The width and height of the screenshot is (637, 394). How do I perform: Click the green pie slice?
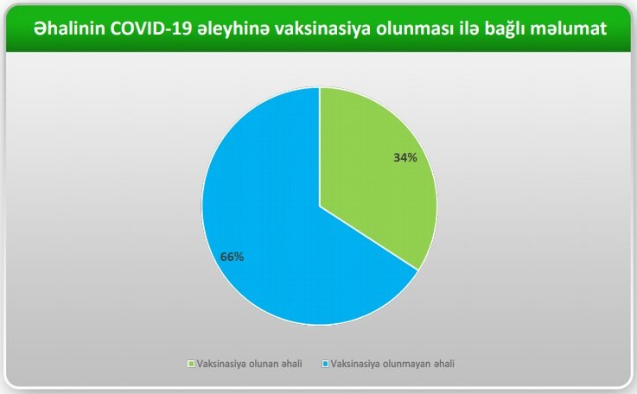point(373,175)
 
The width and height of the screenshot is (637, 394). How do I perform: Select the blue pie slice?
point(277,227)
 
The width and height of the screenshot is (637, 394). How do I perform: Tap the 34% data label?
point(405,157)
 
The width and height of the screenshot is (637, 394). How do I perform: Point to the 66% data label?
point(232,257)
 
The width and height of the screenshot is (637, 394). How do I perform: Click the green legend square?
point(191,364)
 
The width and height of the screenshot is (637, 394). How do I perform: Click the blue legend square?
point(325,364)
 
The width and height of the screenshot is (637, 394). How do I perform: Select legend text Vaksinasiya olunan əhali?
point(250,364)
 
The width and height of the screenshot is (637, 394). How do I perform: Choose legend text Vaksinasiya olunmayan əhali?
point(392,364)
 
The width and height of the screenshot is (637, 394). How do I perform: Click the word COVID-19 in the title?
point(151,29)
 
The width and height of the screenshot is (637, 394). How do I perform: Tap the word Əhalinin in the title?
point(69,29)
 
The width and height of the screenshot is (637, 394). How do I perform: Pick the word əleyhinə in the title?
point(233,29)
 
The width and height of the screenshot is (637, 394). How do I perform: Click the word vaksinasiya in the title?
point(322,29)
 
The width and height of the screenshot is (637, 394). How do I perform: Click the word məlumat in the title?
point(569,29)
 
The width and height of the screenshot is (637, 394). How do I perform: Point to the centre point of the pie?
point(320,207)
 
